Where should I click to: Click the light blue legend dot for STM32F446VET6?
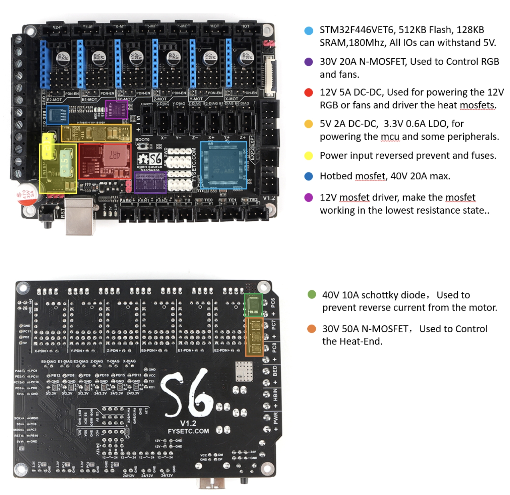tap(309, 31)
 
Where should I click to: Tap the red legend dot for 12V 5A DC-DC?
tap(309, 93)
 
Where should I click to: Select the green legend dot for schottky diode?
tap(312, 294)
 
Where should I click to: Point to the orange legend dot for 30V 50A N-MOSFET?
tap(312, 329)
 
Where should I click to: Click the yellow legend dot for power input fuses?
tap(309, 156)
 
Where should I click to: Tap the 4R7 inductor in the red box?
tap(115, 156)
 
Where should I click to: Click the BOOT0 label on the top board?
tap(142, 140)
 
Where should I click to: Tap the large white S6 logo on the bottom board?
tap(188, 392)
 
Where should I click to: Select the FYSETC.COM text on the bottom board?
tap(188, 431)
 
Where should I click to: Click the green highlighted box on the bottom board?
tap(253, 305)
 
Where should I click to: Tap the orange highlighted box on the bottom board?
tap(254, 336)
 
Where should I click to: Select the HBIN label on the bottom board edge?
tap(275, 394)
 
